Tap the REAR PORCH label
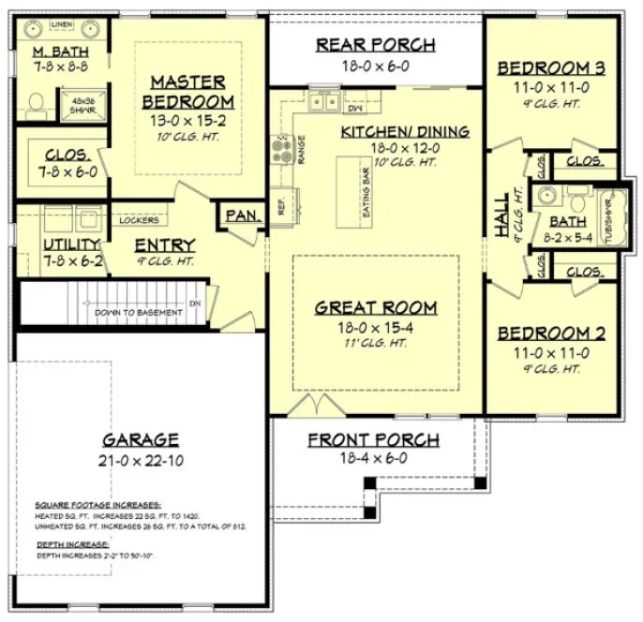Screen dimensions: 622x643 [x=375, y=44]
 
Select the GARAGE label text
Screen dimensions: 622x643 [x=141, y=438]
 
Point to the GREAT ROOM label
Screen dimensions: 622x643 [x=375, y=306]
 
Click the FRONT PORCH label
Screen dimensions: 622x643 [x=373, y=439]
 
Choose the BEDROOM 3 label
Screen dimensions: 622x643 [x=550, y=67]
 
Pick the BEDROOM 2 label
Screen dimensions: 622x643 [x=550, y=333]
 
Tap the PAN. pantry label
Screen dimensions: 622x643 [x=243, y=215]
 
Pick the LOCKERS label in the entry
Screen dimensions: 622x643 [x=138, y=221]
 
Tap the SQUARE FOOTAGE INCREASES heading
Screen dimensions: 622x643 [x=97, y=504]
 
